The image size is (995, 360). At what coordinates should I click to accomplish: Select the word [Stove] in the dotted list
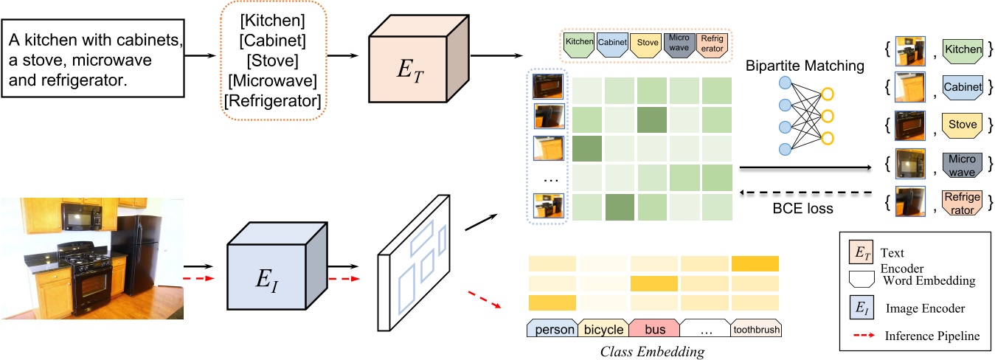271,58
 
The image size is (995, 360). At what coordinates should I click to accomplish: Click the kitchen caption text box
93,59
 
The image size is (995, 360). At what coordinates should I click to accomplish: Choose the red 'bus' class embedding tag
653,330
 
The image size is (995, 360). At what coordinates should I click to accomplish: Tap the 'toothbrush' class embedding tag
755,330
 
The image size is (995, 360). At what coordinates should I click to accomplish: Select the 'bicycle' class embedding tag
603,330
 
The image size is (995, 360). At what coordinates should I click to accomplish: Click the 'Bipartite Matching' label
804,66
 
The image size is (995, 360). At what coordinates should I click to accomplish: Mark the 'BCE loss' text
804,209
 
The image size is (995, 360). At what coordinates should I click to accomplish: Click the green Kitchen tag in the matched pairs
963,50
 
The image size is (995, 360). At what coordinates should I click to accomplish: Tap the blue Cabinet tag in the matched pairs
963,88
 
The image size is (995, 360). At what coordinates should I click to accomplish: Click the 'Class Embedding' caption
653,350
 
